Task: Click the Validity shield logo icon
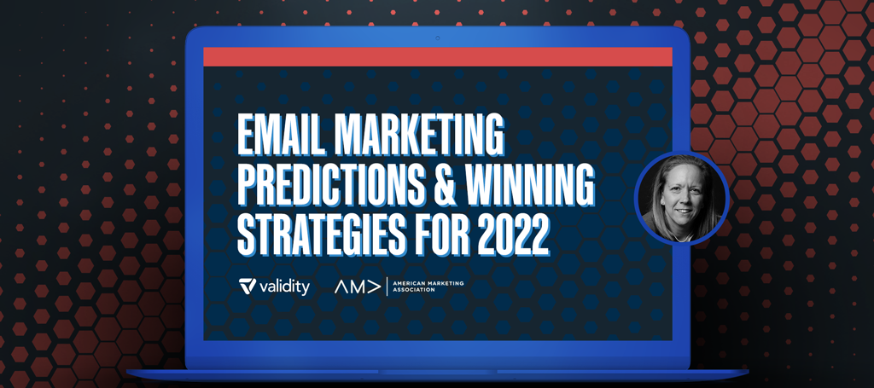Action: pyautogui.click(x=248, y=287)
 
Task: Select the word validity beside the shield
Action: pyautogui.click(x=284, y=287)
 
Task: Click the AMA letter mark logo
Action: pyautogui.click(x=358, y=287)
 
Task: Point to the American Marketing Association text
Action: pyautogui.click(x=428, y=287)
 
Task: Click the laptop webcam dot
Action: pyautogui.click(x=438, y=38)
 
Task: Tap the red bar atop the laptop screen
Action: pyautogui.click(x=438, y=57)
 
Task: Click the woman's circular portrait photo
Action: pyautogui.click(x=682, y=198)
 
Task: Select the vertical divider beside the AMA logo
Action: pyautogui.click(x=387, y=287)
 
